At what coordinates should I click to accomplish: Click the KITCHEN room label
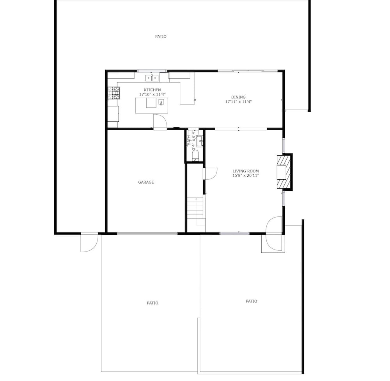tap(152, 90)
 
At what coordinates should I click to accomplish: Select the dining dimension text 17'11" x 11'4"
tap(238, 101)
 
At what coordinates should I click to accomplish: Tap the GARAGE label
tap(146, 182)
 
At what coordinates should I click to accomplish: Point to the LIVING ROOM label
tap(245, 171)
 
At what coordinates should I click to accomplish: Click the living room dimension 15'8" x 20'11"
tap(245, 175)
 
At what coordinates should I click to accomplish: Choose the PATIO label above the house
tap(161, 37)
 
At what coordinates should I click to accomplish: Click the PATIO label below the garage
tap(152, 303)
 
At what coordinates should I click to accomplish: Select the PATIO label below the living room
tap(251, 301)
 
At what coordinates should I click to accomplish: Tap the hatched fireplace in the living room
tap(284, 172)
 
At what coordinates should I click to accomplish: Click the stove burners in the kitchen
tap(114, 93)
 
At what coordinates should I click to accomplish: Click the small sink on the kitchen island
tap(161, 102)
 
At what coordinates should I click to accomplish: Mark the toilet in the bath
tap(196, 156)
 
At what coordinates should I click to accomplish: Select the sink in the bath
tap(200, 142)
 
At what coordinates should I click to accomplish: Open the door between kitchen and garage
tap(160, 122)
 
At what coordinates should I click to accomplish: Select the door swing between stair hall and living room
tap(210, 174)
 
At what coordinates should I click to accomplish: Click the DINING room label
tap(238, 97)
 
